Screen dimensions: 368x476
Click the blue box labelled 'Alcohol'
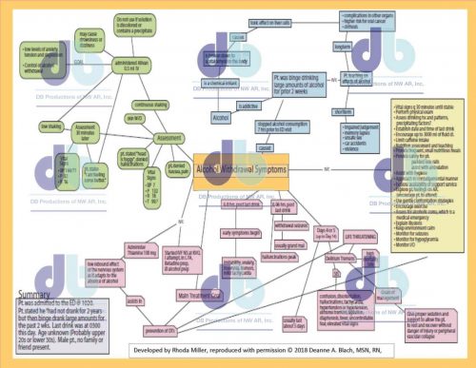(x=220, y=119)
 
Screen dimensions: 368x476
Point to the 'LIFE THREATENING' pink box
(x=359, y=235)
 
